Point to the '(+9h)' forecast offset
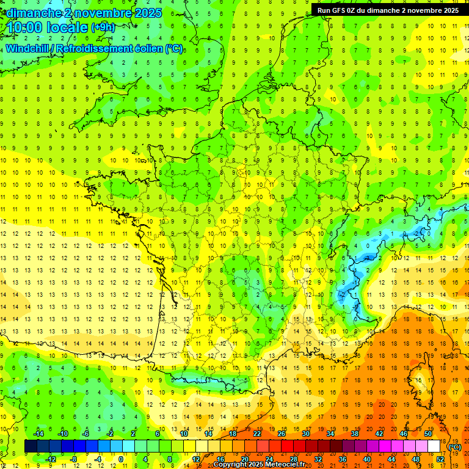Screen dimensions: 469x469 point(103,27)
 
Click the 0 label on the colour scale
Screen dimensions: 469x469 point(121,459)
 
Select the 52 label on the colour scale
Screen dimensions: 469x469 point(440,459)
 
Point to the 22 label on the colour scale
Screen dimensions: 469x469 point(257,434)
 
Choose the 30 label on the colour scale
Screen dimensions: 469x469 point(306,434)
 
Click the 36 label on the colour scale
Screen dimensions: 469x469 point(343,459)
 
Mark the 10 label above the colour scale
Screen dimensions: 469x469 point(184,434)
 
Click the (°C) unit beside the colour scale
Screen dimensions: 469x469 point(454,447)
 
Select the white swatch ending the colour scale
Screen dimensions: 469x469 point(434,446)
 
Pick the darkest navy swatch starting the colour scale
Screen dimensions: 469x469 point(31,446)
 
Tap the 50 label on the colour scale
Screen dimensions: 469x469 point(428,434)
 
